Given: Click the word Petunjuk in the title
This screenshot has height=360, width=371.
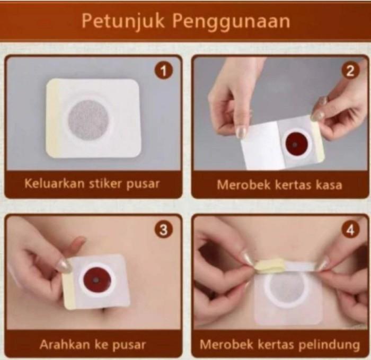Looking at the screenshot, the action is tap(123, 21).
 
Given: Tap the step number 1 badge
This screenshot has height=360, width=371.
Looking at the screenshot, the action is tap(164, 71).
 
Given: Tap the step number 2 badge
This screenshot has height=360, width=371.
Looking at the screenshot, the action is tap(350, 71).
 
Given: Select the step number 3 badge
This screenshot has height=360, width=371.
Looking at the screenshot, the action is tap(164, 230).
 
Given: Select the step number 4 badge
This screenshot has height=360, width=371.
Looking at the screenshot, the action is tap(350, 230).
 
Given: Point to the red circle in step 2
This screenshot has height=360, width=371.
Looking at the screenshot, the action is tap(297, 144).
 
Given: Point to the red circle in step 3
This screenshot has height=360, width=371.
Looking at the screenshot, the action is tap(96, 280).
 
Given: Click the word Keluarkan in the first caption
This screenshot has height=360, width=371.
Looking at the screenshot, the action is tap(55, 183).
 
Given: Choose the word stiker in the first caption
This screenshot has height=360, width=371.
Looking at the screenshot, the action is tap(107, 183).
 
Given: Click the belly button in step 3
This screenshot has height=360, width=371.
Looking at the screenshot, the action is tap(104, 311).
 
